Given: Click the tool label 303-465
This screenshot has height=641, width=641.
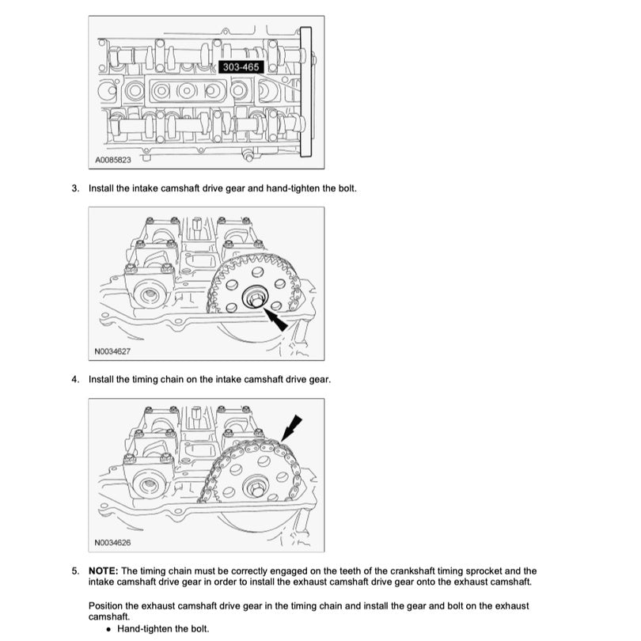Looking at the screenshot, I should pos(241,68).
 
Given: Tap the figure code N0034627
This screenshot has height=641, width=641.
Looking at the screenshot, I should pos(112,351).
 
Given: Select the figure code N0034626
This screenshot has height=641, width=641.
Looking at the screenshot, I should pos(112,542).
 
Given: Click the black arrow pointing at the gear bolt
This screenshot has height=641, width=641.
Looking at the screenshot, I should pos(276,320).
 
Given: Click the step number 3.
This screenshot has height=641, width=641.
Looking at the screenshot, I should pos(75,188).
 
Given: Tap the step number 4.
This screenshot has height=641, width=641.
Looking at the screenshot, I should pos(75,379).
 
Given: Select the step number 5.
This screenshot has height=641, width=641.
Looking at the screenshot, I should pos(75,571).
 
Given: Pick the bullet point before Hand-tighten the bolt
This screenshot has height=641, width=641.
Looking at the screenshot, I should pos(108,628).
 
